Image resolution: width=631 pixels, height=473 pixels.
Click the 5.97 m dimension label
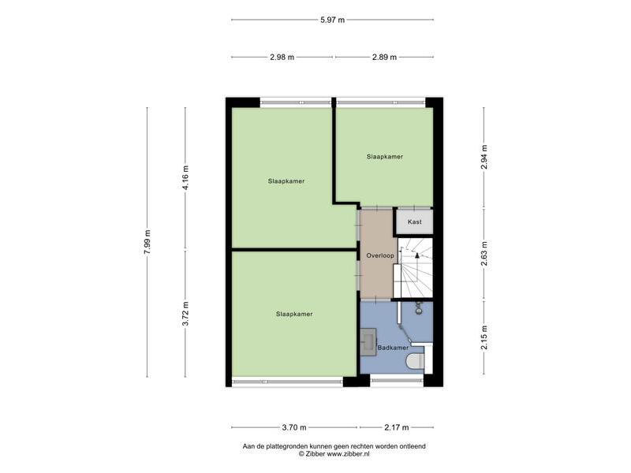(332, 20)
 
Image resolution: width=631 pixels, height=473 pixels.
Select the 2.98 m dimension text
(282, 57)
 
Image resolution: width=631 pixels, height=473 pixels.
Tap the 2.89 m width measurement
(384, 57)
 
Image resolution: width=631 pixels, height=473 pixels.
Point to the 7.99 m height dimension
(147, 242)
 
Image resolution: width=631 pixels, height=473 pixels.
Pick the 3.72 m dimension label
(185, 313)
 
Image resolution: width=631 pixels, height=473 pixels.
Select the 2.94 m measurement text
(484, 157)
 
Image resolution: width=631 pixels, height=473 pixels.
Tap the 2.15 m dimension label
(484, 337)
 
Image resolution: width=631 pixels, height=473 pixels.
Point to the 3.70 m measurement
(294, 427)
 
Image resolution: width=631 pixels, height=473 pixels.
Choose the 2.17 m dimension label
(397, 427)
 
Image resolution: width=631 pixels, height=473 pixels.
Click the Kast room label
(415, 222)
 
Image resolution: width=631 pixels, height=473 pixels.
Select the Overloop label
(380, 255)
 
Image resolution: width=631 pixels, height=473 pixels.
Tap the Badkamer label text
(393, 348)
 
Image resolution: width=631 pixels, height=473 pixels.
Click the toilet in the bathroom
(415, 361)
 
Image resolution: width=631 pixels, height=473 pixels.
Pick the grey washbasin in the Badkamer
(368, 342)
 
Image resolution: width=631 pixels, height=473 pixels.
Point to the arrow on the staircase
(417, 255)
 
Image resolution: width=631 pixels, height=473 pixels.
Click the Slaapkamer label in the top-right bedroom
(385, 156)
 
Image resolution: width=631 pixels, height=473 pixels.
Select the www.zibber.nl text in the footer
(348, 454)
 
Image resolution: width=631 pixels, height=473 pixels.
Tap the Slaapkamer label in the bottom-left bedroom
(294, 314)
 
